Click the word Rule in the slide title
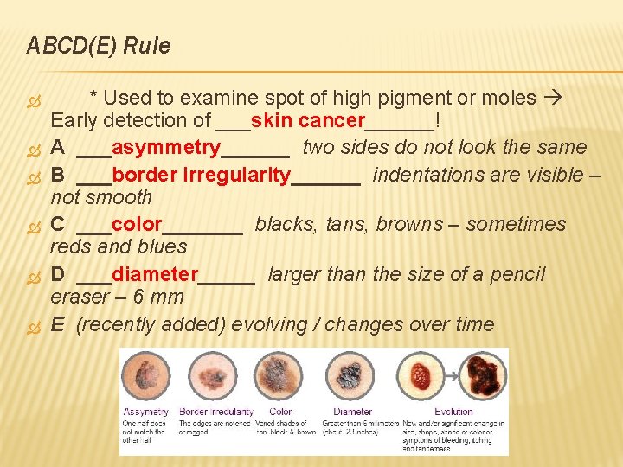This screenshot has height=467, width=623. pyautogui.click(x=147, y=46)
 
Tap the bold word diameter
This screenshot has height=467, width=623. pyautogui.click(x=156, y=275)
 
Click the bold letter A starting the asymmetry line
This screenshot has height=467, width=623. pyautogui.click(x=57, y=148)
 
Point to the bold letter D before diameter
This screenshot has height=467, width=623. pyautogui.click(x=57, y=275)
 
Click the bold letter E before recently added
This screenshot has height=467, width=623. pyautogui.click(x=57, y=325)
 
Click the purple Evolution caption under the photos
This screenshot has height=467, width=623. pyautogui.click(x=453, y=412)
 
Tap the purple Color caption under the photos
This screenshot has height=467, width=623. pyautogui.click(x=280, y=412)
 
